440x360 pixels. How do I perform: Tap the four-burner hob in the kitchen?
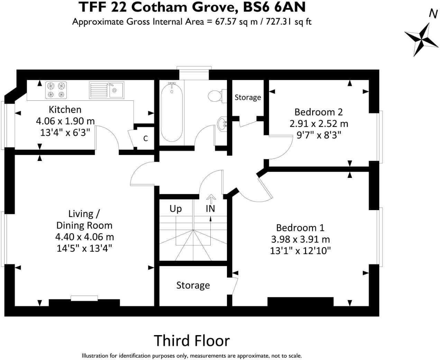coord(56,90)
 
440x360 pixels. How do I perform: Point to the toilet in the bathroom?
coord(216,95)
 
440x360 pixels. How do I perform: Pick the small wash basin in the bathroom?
coord(222,123)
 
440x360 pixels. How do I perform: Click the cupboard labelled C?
coord(146,138)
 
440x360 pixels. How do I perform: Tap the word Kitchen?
coord(65,110)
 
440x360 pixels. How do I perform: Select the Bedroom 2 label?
coord(318,112)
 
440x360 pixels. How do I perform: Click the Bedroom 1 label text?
coord(300,228)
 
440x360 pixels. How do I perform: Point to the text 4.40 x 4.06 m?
coord(84,237)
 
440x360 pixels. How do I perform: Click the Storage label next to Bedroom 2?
coord(248,98)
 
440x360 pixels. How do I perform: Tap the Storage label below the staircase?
coord(193,285)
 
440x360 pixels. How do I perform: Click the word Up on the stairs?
coord(175,209)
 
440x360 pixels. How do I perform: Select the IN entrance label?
coord(210,209)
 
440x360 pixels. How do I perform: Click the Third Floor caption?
coord(192,341)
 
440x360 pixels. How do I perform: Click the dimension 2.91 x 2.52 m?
coord(319,124)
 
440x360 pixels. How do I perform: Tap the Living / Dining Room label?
coord(84,219)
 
